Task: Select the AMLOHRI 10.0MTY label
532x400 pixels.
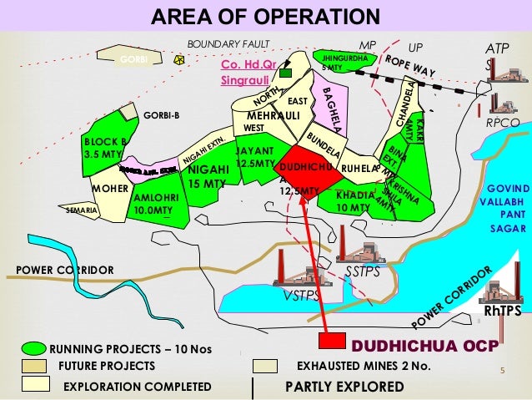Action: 154,205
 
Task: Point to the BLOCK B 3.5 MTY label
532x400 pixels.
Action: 104,148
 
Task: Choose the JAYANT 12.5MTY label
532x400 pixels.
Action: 255,157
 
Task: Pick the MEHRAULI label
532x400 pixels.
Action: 273,114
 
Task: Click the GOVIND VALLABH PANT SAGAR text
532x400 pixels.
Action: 504,208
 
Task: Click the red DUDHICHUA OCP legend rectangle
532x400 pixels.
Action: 332,342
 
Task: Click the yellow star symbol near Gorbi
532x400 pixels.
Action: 178,60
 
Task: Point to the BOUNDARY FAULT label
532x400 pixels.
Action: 222,43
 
